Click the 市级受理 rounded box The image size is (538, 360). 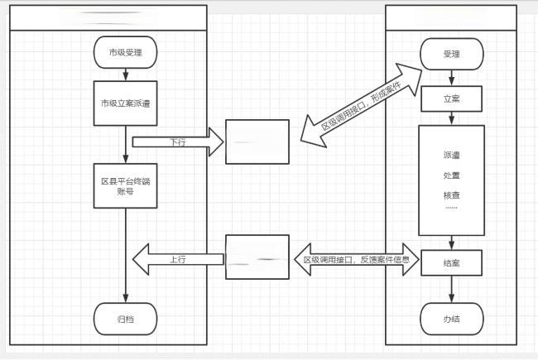tap(126, 53)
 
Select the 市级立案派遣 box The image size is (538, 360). tap(126, 103)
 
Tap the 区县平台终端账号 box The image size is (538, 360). tap(126, 187)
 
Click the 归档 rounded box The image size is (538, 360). tap(126, 319)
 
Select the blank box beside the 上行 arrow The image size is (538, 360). tap(257, 257)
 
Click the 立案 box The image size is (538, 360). tap(451, 98)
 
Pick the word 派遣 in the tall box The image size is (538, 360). tap(451, 155)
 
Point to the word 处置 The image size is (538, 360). tap(451, 175)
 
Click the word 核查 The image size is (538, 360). tap(451, 195)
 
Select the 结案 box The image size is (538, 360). tap(451, 262)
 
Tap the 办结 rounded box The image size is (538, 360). tap(451, 318)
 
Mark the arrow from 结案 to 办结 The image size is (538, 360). tap(451, 290)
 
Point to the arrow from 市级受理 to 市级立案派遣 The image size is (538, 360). tap(126, 74)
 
